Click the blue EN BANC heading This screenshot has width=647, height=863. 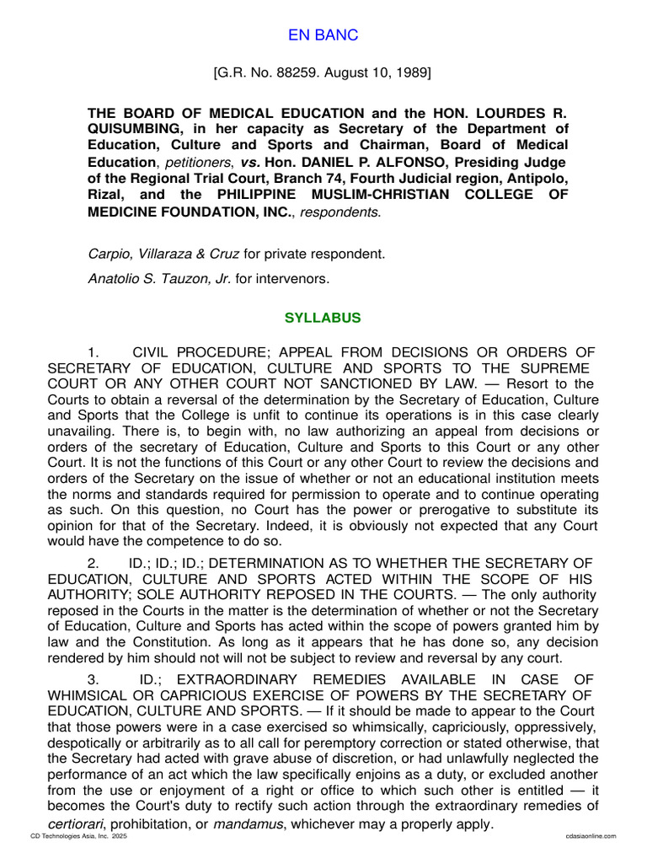[x=323, y=35]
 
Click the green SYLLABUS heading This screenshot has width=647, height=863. [x=323, y=318]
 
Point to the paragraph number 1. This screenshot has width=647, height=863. [x=93, y=351]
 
